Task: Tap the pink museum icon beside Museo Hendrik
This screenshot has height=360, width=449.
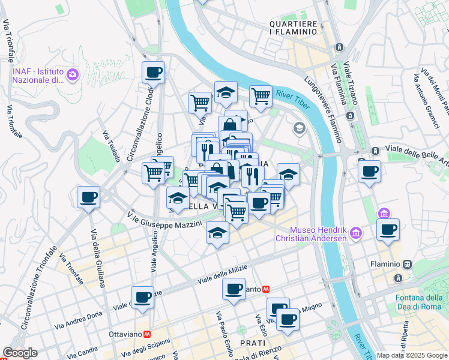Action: (x=356, y=232)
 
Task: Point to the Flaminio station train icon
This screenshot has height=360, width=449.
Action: (x=408, y=264)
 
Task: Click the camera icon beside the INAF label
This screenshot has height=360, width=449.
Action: (x=73, y=74)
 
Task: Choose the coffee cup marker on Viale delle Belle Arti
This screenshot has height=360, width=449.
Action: (x=369, y=172)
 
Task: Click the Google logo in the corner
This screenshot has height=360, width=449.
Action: (x=20, y=353)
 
